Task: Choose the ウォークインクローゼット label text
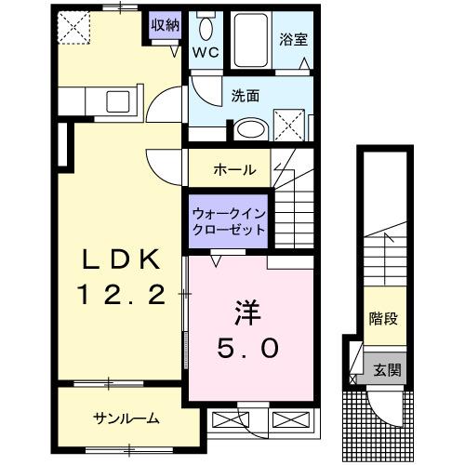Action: pos(229,220)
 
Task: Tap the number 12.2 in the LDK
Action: pos(121,296)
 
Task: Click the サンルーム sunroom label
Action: pos(126,418)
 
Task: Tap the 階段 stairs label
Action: pos(383,319)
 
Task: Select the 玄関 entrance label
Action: pos(388,370)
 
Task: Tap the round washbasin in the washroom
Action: pos(249,130)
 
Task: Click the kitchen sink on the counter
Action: pos(119,100)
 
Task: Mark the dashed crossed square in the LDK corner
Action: pos(72,28)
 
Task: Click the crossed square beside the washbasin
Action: pos(288,122)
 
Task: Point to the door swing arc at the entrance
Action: pos(381,404)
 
